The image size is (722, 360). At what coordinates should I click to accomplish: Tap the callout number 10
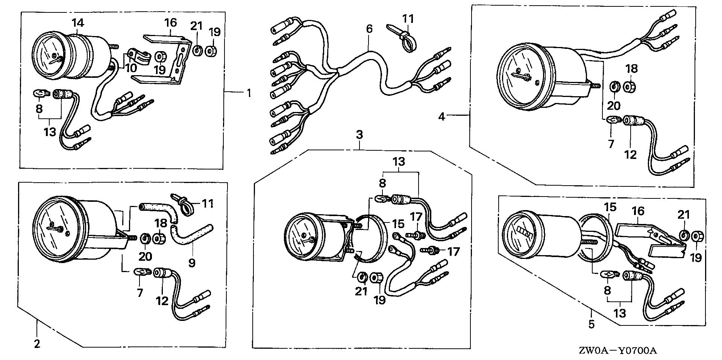[131, 68]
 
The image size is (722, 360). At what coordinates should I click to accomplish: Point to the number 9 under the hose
[192, 262]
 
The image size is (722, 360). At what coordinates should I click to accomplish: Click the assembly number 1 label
[248, 92]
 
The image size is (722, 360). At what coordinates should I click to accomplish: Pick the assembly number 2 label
[36, 343]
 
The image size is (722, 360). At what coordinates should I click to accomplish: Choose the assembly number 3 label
[359, 135]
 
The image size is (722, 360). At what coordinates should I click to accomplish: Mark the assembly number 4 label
[441, 117]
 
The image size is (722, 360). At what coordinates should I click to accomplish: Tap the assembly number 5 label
[592, 324]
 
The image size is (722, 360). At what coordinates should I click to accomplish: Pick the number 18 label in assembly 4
[632, 69]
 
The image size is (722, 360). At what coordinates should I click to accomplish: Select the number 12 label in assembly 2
[162, 301]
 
